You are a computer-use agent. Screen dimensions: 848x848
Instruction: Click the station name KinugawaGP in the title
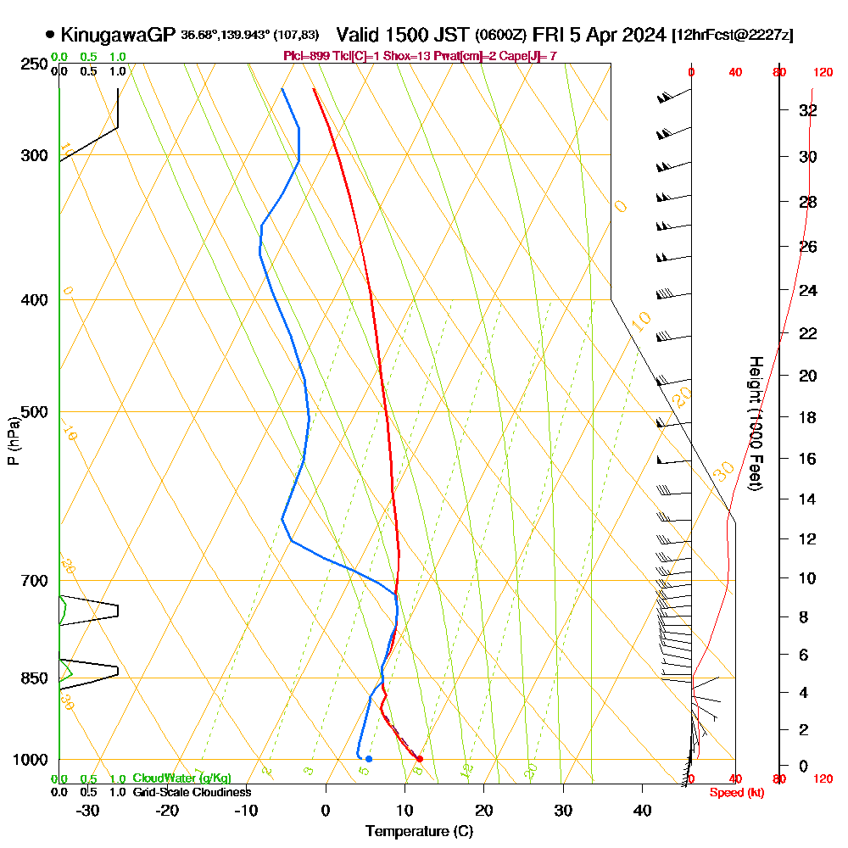118,35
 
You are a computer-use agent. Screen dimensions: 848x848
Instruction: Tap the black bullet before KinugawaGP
50,35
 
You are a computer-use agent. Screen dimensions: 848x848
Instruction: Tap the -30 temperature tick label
88,810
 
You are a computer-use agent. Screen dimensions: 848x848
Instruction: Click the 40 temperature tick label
643,810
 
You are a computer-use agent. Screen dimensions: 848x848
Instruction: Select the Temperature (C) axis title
419,832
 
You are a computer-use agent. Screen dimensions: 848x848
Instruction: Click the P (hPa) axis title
13,441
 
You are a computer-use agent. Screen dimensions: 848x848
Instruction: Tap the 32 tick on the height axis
808,110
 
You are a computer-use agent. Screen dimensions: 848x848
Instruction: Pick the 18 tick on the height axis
808,417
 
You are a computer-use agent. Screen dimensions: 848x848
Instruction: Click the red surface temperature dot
420,759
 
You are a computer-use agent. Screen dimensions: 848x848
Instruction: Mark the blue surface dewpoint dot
368,759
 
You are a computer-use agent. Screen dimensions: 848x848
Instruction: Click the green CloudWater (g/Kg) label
181,778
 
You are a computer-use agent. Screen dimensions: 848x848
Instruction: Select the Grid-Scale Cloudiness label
192,792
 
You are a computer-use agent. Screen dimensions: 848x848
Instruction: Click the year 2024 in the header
644,35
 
